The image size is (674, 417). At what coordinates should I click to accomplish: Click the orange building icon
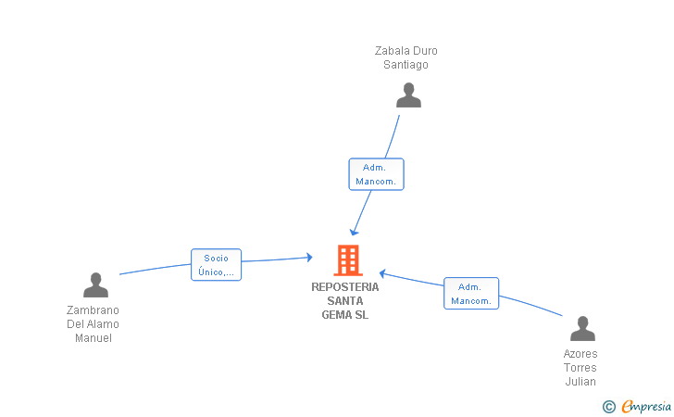click(x=348, y=260)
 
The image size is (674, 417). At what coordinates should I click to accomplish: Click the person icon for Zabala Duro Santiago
click(x=408, y=95)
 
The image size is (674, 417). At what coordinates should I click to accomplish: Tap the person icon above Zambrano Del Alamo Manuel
click(x=95, y=284)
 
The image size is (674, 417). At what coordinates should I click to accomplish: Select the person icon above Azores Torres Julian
click(x=582, y=328)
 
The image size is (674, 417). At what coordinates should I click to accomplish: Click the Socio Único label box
click(x=217, y=265)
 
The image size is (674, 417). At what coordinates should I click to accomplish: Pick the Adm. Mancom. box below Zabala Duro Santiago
click(x=376, y=174)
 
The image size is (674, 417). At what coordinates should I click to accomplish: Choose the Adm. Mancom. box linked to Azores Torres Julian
click(x=471, y=294)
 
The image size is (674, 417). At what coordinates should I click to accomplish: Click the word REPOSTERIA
click(x=345, y=287)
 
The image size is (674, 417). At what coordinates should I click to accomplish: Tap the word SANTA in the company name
click(x=345, y=301)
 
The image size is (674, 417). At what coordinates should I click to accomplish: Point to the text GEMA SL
click(x=345, y=315)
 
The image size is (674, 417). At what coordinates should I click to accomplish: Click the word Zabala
click(x=392, y=51)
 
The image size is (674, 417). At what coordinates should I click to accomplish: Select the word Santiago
click(x=406, y=65)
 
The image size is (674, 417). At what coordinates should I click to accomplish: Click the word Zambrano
click(x=93, y=310)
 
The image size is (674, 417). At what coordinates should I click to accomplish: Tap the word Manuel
click(x=94, y=338)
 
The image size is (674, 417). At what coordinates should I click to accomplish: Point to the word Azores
click(x=580, y=354)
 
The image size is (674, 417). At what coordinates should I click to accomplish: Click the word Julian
click(x=580, y=382)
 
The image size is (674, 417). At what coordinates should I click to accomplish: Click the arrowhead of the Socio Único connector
click(x=309, y=258)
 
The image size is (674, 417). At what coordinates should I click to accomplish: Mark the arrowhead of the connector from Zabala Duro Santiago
click(x=354, y=233)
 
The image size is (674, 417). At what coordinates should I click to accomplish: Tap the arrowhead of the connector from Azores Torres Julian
click(x=382, y=273)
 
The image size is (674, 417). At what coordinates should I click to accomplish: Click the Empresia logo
click(x=637, y=406)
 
